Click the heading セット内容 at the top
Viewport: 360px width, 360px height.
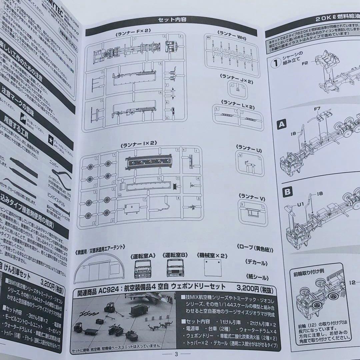click(x=172, y=19)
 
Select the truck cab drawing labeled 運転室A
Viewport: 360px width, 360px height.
click(x=143, y=269)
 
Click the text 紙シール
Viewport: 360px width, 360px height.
click(x=257, y=276)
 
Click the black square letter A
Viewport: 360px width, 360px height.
click(x=282, y=125)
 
